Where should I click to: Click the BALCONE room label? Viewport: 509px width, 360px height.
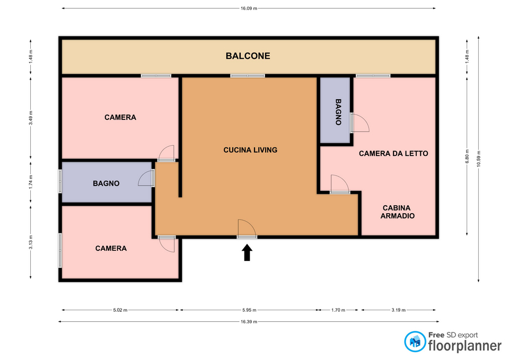click(248, 56)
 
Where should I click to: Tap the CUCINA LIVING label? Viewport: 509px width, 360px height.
click(250, 150)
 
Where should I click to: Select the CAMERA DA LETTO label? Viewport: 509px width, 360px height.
click(393, 154)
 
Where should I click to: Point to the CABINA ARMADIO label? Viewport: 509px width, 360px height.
click(397, 212)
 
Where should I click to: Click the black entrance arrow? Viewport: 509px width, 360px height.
click(247, 252)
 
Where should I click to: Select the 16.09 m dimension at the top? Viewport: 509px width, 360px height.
click(249, 8)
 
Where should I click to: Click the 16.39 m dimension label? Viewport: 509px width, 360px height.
click(249, 322)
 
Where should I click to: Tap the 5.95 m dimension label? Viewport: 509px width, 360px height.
click(249, 310)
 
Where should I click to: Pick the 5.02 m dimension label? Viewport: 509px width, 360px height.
click(120, 310)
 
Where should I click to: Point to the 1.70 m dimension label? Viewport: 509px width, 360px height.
click(338, 310)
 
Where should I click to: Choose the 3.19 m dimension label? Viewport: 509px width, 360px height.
click(398, 310)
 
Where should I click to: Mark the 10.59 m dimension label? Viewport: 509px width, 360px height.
click(478, 159)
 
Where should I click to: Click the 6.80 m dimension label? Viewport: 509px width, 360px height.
click(467, 156)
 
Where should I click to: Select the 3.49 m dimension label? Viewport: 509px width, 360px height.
click(31, 118)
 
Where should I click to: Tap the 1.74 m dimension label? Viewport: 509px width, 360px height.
click(31, 182)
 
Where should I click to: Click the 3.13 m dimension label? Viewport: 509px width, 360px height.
click(31, 242)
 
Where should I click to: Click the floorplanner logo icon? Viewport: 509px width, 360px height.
click(415, 341)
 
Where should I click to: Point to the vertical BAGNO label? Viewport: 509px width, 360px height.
click(338, 112)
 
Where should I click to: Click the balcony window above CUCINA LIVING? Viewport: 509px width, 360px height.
click(248, 76)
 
